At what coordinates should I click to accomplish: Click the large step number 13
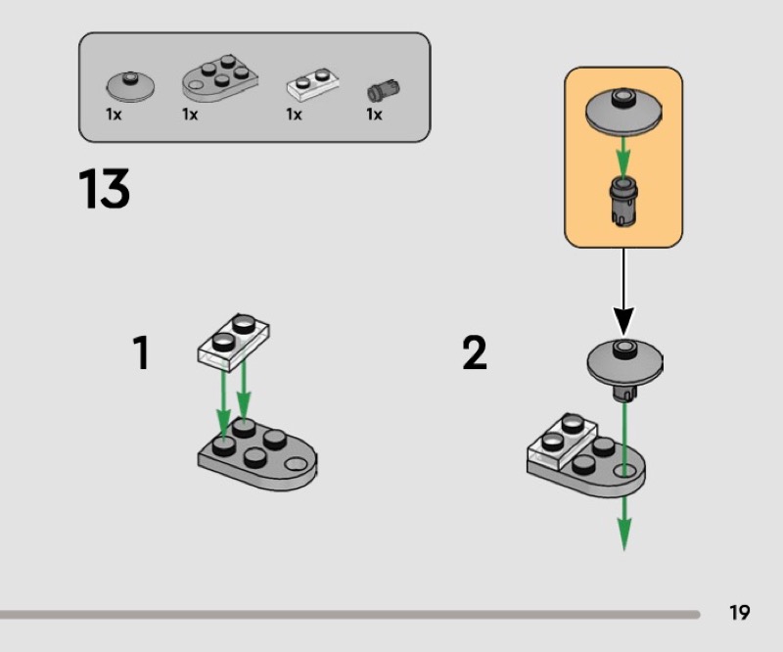pos(104,188)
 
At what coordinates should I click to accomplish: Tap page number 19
pos(740,613)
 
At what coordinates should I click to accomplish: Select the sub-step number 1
pos(141,352)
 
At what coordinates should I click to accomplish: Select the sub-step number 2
pos(475,352)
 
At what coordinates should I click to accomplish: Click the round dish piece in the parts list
pos(130,86)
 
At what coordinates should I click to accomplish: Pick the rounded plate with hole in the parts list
pos(219,78)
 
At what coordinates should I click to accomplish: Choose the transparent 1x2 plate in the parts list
pos(312,83)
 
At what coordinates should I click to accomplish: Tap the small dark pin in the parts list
pos(384,90)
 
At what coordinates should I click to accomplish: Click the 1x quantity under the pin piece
pos(374,115)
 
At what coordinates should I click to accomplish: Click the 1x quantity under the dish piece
pos(114,115)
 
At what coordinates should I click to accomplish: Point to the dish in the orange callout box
pos(623,112)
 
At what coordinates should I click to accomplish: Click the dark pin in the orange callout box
pos(623,201)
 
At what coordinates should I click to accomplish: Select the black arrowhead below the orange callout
pos(623,321)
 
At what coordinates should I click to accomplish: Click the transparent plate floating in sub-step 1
pos(234,343)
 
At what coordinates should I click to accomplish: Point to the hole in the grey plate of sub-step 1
pos(297,464)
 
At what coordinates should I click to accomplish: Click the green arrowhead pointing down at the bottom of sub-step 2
pos(624,535)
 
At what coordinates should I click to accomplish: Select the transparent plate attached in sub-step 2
pos(562,442)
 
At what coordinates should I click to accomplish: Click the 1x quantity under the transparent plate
pos(295,115)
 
